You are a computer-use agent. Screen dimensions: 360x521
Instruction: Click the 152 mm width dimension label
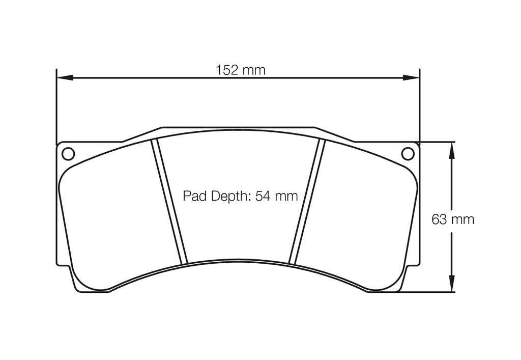[241, 70]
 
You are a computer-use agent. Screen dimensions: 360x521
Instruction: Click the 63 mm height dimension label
[452, 219]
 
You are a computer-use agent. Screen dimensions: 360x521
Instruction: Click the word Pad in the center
[193, 196]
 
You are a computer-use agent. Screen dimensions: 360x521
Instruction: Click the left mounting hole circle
[68, 153]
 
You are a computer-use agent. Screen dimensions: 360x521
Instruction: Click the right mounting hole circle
[408, 153]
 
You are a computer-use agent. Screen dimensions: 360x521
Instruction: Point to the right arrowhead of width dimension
[411, 78]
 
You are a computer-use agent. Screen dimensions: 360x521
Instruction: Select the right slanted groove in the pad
[307, 202]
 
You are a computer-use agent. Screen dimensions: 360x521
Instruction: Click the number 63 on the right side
[439, 219]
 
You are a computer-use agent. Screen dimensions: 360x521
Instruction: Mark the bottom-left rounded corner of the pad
[81, 288]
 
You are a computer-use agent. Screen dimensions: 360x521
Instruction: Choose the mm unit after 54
[287, 196]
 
